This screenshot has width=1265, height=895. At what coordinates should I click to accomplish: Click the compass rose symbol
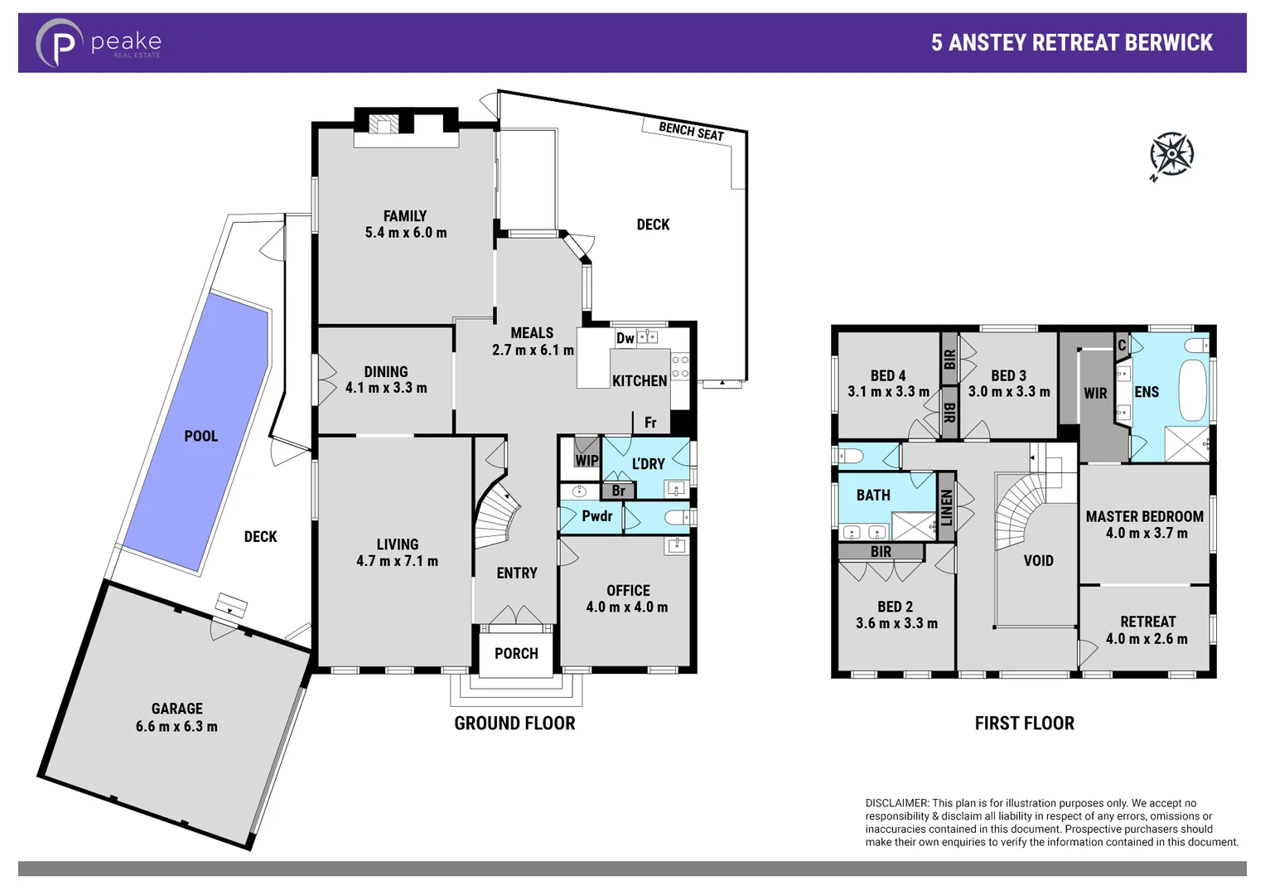point(1171,154)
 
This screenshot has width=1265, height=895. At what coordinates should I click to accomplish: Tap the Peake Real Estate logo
point(98,43)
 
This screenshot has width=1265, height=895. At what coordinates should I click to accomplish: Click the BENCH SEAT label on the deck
point(691,131)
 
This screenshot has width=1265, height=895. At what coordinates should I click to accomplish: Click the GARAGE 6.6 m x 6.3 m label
point(177,718)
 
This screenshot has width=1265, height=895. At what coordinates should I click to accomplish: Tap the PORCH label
point(516,654)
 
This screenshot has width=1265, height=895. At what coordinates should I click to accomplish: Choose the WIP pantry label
point(587,461)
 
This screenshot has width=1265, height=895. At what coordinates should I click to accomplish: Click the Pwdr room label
point(596,516)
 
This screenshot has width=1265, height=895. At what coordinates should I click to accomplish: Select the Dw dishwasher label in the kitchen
point(625,338)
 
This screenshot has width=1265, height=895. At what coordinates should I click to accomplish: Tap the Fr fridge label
point(650,423)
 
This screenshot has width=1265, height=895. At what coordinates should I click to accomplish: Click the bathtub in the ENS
point(1192,390)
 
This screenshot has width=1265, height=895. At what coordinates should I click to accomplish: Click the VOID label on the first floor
point(1038,561)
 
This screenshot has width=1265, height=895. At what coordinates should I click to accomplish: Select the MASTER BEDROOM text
point(1144,516)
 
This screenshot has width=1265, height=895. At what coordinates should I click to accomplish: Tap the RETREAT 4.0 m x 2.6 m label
point(1147,630)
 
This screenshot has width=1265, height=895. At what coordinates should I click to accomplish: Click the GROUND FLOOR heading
point(514,723)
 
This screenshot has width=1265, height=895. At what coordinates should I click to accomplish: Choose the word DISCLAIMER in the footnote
point(896,803)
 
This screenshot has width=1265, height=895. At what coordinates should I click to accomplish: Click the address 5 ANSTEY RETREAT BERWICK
point(1071,43)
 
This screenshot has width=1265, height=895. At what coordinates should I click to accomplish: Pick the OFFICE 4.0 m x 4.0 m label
point(627,598)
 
